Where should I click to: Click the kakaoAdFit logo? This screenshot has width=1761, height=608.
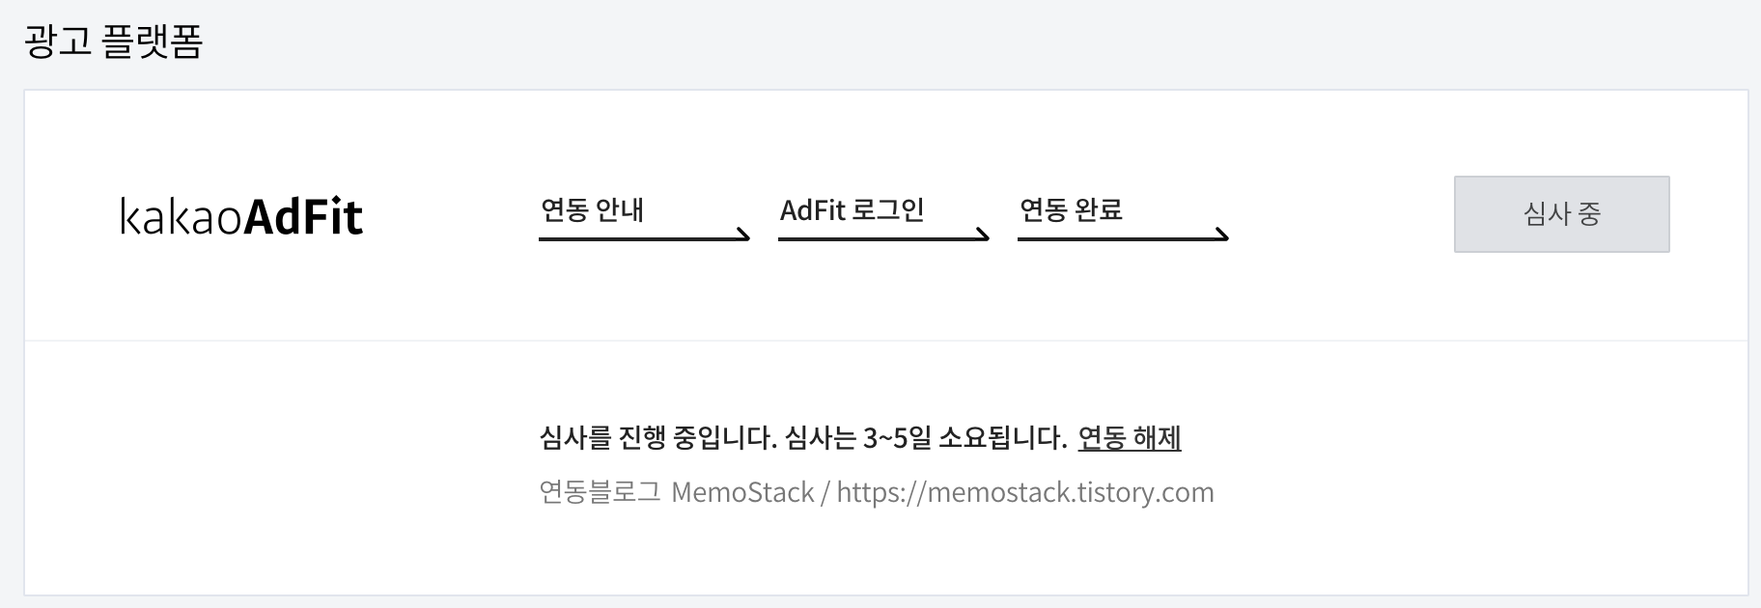[241, 216]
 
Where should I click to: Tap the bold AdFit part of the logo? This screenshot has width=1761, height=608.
[303, 216]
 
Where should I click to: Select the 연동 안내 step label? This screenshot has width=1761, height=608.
[592, 210]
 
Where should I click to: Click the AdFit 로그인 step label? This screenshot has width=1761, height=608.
[852, 210]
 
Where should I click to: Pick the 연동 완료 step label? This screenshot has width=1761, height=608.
[1071, 210]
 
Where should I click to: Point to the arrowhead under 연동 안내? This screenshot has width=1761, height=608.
[741, 235]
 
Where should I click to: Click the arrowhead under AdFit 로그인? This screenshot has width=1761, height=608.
[981, 235]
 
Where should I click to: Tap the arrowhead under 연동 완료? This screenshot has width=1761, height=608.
[1220, 235]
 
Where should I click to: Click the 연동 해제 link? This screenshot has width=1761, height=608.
[1129, 438]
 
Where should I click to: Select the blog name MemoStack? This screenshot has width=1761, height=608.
[742, 492]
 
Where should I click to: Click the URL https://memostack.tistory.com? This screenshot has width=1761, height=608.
[1024, 492]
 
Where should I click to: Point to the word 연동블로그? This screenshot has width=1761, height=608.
[600, 492]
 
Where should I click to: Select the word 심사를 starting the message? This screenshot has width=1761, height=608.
[575, 438]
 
